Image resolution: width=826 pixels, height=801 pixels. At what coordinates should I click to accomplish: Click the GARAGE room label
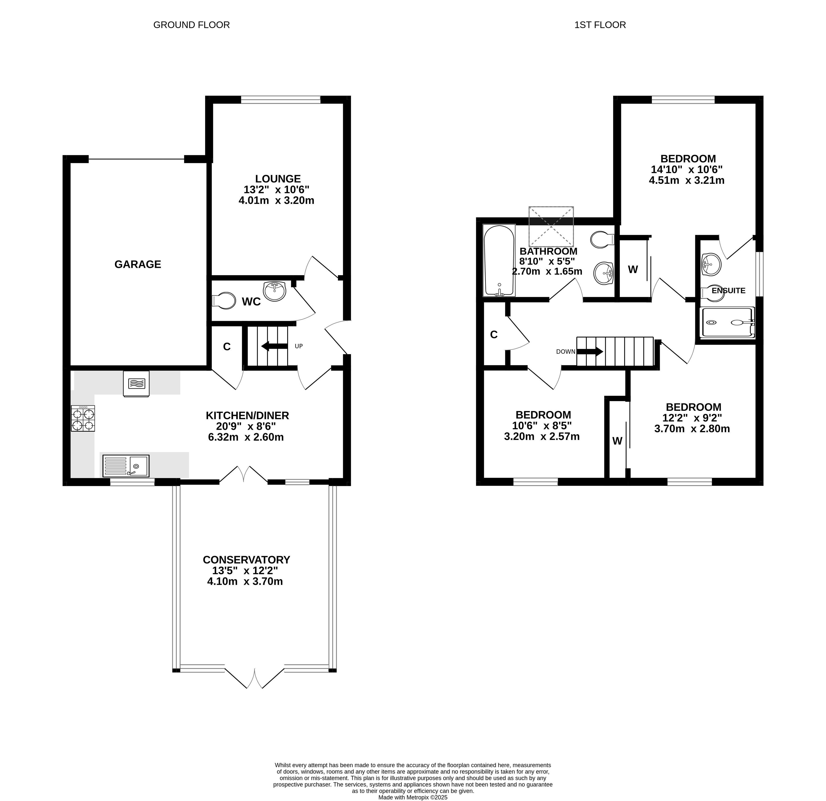point(138,264)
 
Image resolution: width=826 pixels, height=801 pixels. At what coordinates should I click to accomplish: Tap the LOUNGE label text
point(278,179)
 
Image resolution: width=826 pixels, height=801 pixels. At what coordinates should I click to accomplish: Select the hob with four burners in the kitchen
point(83,418)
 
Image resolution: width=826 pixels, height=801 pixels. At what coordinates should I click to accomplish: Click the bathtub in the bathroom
point(499,260)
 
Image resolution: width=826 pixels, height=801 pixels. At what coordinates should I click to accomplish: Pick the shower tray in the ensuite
point(727,323)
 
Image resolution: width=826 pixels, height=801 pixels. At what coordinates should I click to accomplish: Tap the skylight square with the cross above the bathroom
point(551,227)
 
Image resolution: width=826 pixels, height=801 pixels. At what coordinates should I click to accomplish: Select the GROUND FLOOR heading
point(192,25)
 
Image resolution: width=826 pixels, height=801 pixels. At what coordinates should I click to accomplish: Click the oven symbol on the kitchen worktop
point(136,384)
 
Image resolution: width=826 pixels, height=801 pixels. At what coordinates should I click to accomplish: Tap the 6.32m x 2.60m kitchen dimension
point(246,437)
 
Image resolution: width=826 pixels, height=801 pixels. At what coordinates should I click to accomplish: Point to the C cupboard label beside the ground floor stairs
point(227,347)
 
